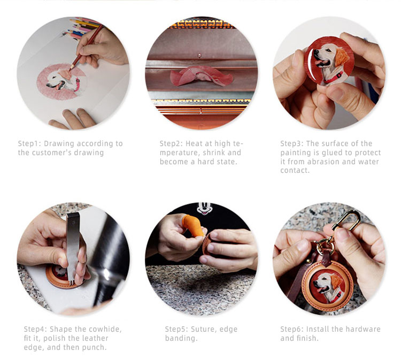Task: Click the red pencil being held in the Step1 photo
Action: coord(86,48)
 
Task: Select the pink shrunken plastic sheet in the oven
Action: coord(202,76)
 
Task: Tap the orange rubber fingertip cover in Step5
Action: coord(193,225)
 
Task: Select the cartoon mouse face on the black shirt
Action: coord(204,209)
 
